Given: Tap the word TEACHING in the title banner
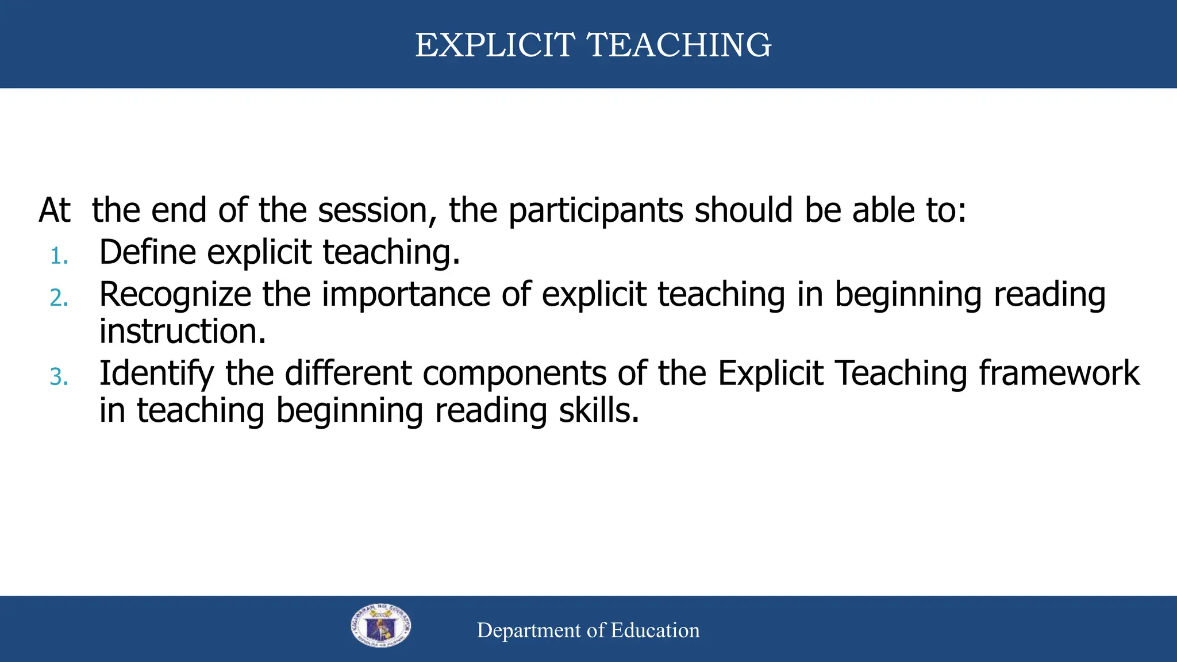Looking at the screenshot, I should click(x=679, y=45).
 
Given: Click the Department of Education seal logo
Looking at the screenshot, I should click(x=381, y=626).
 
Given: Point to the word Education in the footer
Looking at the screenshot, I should click(x=655, y=630).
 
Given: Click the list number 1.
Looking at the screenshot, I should click(x=58, y=256).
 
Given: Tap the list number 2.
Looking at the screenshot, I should click(x=59, y=298).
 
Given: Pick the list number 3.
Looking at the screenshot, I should click(x=59, y=378).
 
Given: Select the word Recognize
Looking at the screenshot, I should click(x=175, y=295).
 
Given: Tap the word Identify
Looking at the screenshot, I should click(x=156, y=374).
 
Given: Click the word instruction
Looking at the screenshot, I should click(x=183, y=332).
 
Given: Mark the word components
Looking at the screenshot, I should click(x=515, y=374).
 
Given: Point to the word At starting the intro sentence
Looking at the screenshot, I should click(x=55, y=210).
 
